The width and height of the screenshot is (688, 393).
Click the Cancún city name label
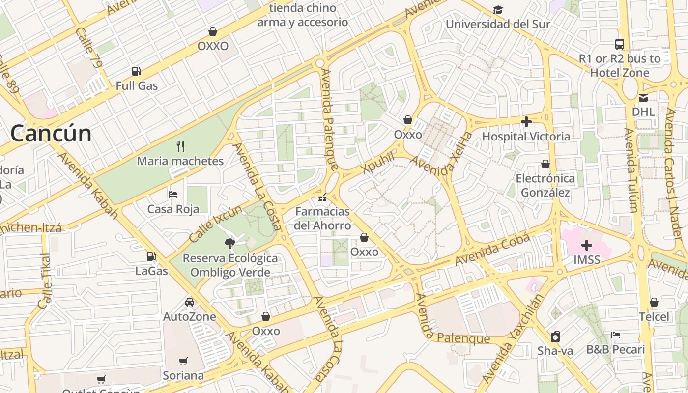coord(51,134)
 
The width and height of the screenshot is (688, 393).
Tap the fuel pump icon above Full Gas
coord(137,71)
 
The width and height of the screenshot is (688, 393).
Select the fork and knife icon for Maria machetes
coord(180,146)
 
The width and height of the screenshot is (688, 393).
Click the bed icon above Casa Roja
coord(173,195)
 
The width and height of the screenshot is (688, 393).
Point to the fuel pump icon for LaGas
coord(151,256)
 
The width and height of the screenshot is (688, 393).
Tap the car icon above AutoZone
coord(190,302)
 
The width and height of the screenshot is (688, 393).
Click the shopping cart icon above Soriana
coord(183,361)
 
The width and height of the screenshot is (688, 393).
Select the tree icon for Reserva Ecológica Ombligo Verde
coord(229,243)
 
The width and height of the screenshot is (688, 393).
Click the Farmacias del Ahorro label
coord(322,219)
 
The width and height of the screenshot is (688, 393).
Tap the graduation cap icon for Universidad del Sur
coord(498,10)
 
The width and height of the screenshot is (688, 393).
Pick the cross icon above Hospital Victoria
coord(526,121)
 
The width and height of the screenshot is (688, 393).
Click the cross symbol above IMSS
coord(587,245)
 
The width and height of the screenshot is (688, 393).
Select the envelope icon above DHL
coord(643,97)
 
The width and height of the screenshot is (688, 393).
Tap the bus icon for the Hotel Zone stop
coord(620,44)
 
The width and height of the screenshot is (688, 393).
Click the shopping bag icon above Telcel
coord(654,302)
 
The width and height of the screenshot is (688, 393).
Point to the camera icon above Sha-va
coord(555,337)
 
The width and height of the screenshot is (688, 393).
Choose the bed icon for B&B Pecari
coord(616,335)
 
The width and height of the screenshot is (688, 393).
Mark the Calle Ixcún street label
coord(216,224)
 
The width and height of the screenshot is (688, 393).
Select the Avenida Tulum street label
coord(631,169)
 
